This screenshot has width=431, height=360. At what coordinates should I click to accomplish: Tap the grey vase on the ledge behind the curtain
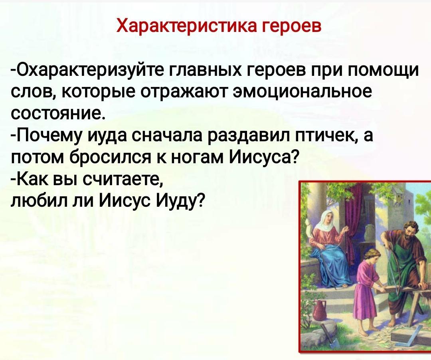click(371, 231)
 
